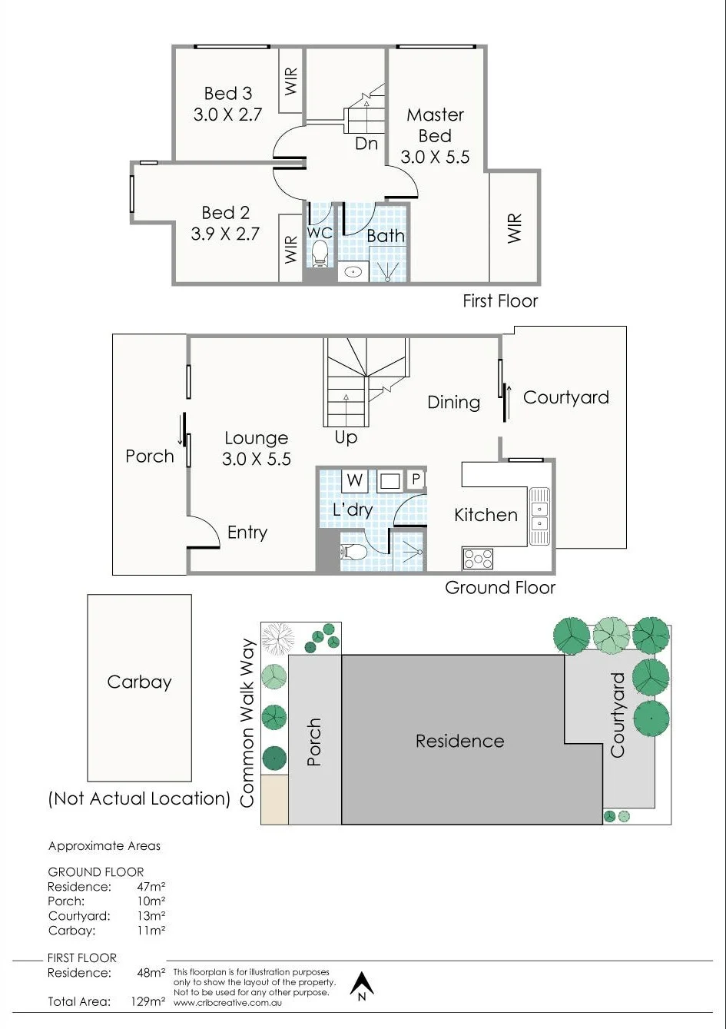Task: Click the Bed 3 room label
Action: pos(227,93)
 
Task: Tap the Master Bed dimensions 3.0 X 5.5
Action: pos(435,157)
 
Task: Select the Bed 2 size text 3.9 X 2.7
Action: pos(225,234)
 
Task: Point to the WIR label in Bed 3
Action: pos(291,81)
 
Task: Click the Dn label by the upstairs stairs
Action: pos(366,144)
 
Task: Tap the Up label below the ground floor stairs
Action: pos(346,437)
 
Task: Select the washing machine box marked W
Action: pos(354,480)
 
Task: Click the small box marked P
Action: pos(416,479)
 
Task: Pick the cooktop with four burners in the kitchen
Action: pos(478,559)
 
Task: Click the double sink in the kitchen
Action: pos(539,516)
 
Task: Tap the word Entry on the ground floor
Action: pos(247,533)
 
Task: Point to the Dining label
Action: pos(454,403)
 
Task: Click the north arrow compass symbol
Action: pos(362,986)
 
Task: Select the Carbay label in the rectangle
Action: pos(139,682)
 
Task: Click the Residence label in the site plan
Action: pos(459,742)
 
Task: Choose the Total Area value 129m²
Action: pos(148,1001)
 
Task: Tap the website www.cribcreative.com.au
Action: pos(227,1002)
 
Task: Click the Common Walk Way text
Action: pos(247,723)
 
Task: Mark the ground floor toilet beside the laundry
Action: pos(353,552)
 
